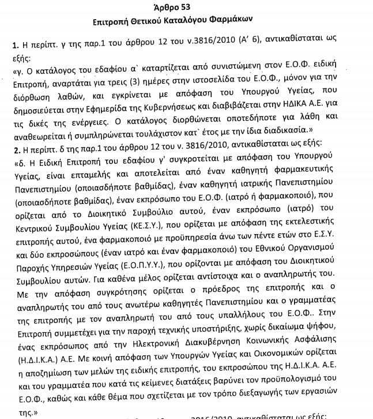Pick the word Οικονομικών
click(294, 377)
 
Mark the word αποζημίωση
click(49, 391)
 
